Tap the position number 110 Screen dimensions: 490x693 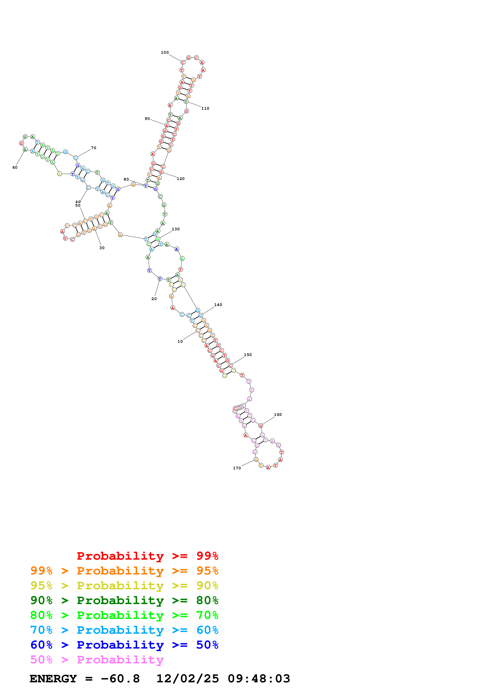tap(205, 108)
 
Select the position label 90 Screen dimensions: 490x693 tap(147, 119)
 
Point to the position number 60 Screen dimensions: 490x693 tap(15, 168)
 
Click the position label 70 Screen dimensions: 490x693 tap(93, 148)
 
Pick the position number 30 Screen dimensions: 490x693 tap(102, 248)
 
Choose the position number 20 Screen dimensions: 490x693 tap(154, 299)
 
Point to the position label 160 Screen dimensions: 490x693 tap(278, 414)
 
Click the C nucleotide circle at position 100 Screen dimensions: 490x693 tap(183, 62)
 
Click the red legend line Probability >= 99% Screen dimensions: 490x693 tap(147, 556)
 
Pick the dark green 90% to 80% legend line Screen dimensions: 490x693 tap(124, 600)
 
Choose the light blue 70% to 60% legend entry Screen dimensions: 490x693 tap(124, 630)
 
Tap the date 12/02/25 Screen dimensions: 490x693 tap(188, 679)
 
